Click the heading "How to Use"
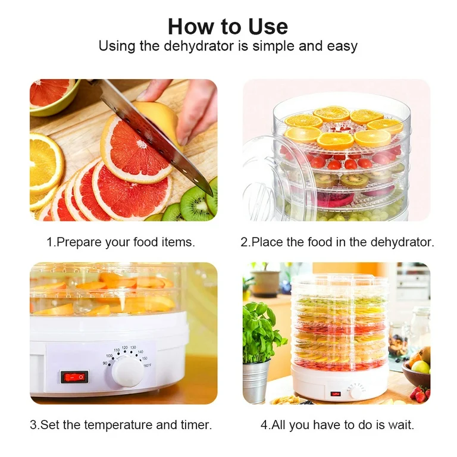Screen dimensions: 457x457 228,27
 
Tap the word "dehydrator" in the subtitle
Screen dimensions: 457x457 199,46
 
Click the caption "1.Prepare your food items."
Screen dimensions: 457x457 121,242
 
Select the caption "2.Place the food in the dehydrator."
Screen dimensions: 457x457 337,242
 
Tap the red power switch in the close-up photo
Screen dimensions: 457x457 74,377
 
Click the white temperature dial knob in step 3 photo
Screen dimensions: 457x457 127,372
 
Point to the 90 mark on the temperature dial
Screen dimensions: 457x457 105,363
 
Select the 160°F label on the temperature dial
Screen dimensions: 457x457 147,365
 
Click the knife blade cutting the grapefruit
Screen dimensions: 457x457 156,137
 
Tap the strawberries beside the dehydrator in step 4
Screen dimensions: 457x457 420,395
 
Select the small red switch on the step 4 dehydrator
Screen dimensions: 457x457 336,394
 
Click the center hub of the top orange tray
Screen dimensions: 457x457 340,128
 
